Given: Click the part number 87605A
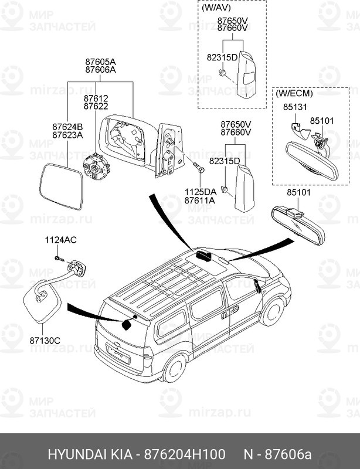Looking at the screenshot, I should pyautogui.click(x=100, y=62).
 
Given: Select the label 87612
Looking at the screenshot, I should pyautogui.click(x=96, y=98).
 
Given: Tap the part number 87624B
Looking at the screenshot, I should pyautogui.click(x=67, y=127).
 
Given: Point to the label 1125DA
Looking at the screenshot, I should pyautogui.click(x=200, y=192).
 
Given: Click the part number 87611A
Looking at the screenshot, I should pyautogui.click(x=200, y=200).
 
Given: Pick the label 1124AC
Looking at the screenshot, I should pyautogui.click(x=61, y=240).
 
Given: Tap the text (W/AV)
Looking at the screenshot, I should pyautogui.click(x=216, y=9).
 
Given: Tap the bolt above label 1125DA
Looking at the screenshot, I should pyautogui.click(x=197, y=168).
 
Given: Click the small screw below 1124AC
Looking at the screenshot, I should pyautogui.click(x=58, y=257).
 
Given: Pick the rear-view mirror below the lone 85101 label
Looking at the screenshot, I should pyautogui.click(x=297, y=225).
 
